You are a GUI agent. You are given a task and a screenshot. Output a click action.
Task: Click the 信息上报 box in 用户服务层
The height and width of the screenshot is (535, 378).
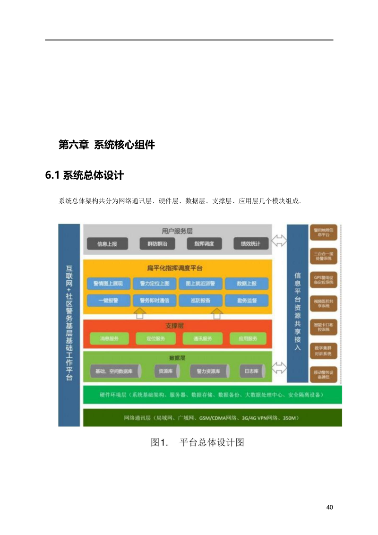tap(107, 244)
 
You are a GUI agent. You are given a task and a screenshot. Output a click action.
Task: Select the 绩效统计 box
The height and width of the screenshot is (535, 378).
tap(250, 244)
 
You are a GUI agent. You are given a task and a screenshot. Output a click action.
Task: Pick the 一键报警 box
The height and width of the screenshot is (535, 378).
tap(109, 300)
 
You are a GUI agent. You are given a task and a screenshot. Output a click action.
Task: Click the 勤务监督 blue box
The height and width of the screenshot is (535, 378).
tap(247, 300)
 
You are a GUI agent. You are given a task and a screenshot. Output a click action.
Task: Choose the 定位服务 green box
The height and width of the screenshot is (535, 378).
tap(155, 338)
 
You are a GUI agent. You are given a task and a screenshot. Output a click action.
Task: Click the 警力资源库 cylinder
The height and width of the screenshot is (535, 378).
tap(208, 371)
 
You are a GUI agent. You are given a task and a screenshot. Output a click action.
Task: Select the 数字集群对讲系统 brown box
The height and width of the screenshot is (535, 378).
tap(324, 351)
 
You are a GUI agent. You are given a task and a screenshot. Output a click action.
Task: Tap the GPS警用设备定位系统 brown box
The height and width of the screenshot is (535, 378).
tap(324, 279)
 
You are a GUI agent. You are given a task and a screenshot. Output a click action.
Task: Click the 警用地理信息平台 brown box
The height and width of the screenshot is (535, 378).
tap(324, 232)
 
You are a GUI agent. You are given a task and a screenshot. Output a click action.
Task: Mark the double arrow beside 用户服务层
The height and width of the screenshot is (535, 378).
tap(280, 241)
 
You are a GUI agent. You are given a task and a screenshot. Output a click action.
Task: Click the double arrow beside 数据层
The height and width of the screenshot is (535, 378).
tap(280, 367)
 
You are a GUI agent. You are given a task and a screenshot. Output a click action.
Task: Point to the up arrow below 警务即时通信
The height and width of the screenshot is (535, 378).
tap(139, 313)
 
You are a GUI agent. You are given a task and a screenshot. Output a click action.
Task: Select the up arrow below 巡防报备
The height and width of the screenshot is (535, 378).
tap(216, 313)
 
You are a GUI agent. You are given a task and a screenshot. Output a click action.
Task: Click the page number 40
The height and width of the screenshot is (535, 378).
tap(330, 507)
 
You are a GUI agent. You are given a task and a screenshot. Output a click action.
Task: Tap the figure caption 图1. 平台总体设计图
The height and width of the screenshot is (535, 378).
tap(197, 443)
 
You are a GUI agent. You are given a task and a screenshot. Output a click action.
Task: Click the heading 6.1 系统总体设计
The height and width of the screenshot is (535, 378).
tap(85, 175)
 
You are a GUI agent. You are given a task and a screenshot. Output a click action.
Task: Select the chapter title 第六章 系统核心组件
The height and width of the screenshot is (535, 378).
tap(106, 145)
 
